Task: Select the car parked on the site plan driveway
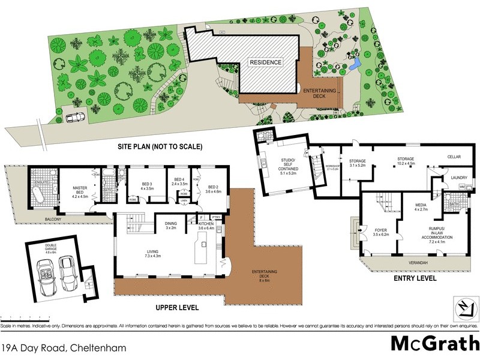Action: pos(75,118)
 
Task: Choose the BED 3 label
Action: pos(148,186)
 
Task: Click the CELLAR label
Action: pos(454,157)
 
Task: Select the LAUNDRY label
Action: pos(459,178)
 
